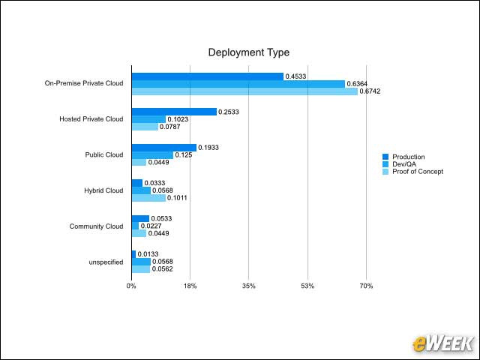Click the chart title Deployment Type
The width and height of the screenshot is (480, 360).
tap(248, 52)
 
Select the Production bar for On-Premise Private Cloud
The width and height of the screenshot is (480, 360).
tap(207, 76)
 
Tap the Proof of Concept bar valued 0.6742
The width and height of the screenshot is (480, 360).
tap(244, 91)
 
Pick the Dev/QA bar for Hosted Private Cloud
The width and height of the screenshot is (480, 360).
tap(148, 119)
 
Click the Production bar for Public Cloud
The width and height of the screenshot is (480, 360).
tap(163, 148)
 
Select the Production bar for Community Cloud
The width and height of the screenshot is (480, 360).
tap(140, 219)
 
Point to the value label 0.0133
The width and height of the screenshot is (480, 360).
tap(148, 254)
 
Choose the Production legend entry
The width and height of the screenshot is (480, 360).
tap(408, 157)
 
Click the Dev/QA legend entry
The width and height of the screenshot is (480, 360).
tap(404, 164)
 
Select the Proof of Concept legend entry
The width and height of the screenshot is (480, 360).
tap(417, 172)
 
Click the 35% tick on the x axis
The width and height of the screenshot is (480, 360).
tap(249, 286)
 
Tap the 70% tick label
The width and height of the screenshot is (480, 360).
tap(367, 286)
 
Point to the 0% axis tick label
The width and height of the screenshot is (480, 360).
tap(131, 286)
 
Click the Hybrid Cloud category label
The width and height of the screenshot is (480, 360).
tap(103, 190)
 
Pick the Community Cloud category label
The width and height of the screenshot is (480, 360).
tap(96, 226)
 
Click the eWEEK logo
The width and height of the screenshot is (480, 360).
tap(442, 343)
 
